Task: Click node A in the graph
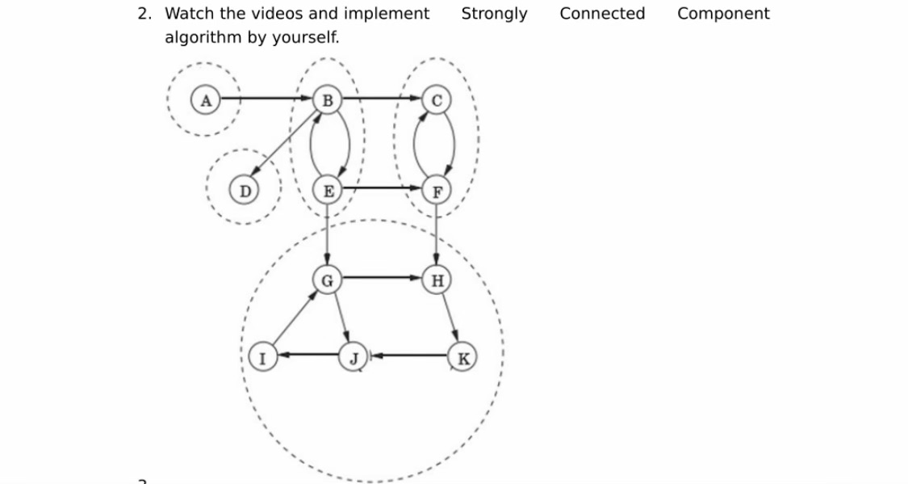(x=206, y=100)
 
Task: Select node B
(x=326, y=100)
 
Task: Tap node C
(x=437, y=100)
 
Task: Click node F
(x=437, y=191)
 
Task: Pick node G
(x=327, y=280)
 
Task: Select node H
(x=437, y=280)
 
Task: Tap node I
(x=260, y=354)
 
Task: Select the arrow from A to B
(x=266, y=99)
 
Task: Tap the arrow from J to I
(x=306, y=354)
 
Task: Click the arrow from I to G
(x=294, y=318)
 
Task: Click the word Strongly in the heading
(x=494, y=14)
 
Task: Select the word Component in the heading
(x=723, y=14)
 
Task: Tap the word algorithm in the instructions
(x=203, y=37)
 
